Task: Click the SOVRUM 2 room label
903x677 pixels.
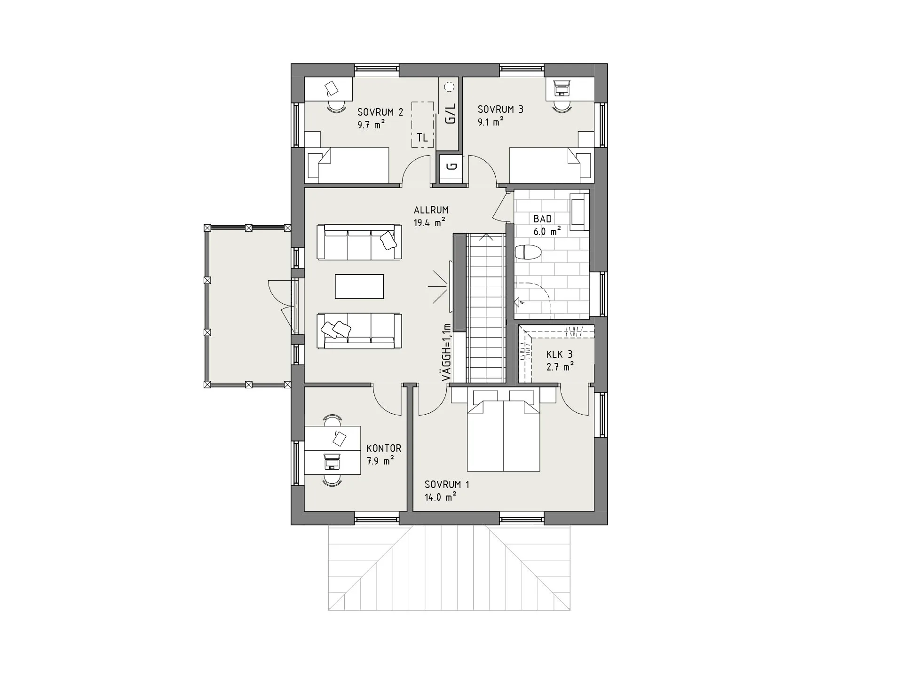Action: [380, 112]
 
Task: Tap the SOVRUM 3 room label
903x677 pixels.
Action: [500, 110]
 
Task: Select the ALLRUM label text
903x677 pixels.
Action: [431, 210]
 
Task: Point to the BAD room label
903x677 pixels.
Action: [543, 219]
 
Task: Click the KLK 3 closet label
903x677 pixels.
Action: [559, 354]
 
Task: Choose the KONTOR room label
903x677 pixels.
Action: [384, 449]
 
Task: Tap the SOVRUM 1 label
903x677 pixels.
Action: [447, 485]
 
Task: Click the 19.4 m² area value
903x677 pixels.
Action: [429, 223]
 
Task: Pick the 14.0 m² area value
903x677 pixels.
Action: [440, 497]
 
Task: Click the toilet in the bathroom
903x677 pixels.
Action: [528, 253]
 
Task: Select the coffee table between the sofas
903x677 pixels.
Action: [359, 286]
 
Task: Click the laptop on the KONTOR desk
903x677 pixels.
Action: [332, 462]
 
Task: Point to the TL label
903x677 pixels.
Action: [422, 138]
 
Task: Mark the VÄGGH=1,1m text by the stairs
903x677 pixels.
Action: [446, 353]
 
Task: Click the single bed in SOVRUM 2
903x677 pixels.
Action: [348, 165]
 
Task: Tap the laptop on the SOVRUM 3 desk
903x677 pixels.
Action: [562, 87]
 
